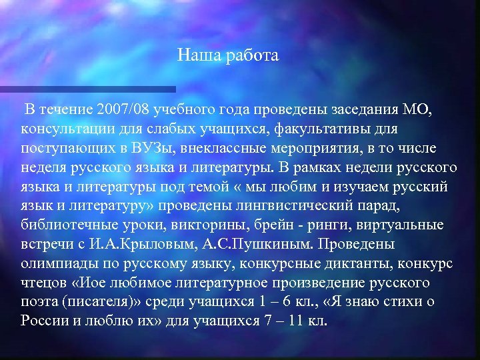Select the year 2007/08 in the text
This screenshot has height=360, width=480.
(x=123, y=109)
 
